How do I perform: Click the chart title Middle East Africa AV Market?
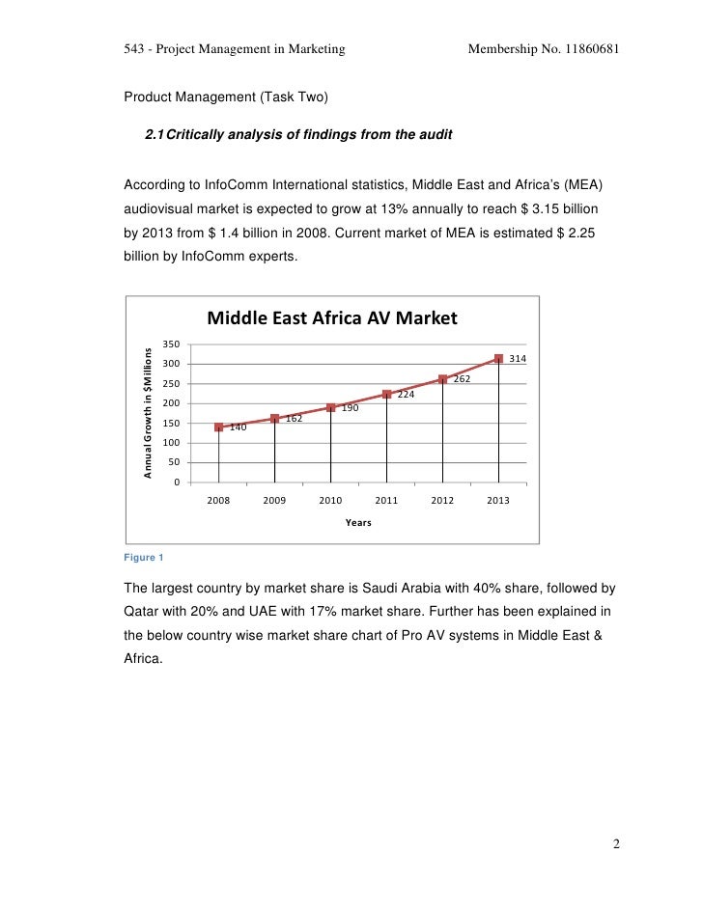click(x=331, y=318)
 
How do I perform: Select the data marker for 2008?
click(x=219, y=427)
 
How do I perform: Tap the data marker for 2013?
click(x=499, y=359)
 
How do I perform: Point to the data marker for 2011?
click(x=387, y=395)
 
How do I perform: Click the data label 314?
click(x=518, y=359)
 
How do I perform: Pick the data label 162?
click(x=295, y=419)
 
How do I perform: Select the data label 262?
click(x=462, y=379)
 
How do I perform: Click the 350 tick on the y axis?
click(x=172, y=344)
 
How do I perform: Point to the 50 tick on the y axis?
click(x=175, y=462)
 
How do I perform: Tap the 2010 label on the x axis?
click(x=330, y=501)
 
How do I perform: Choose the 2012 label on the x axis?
click(x=442, y=501)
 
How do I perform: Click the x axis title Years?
click(x=358, y=523)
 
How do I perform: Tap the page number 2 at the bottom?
click(x=616, y=846)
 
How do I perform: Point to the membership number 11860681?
click(x=588, y=49)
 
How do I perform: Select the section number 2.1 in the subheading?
click(x=155, y=136)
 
